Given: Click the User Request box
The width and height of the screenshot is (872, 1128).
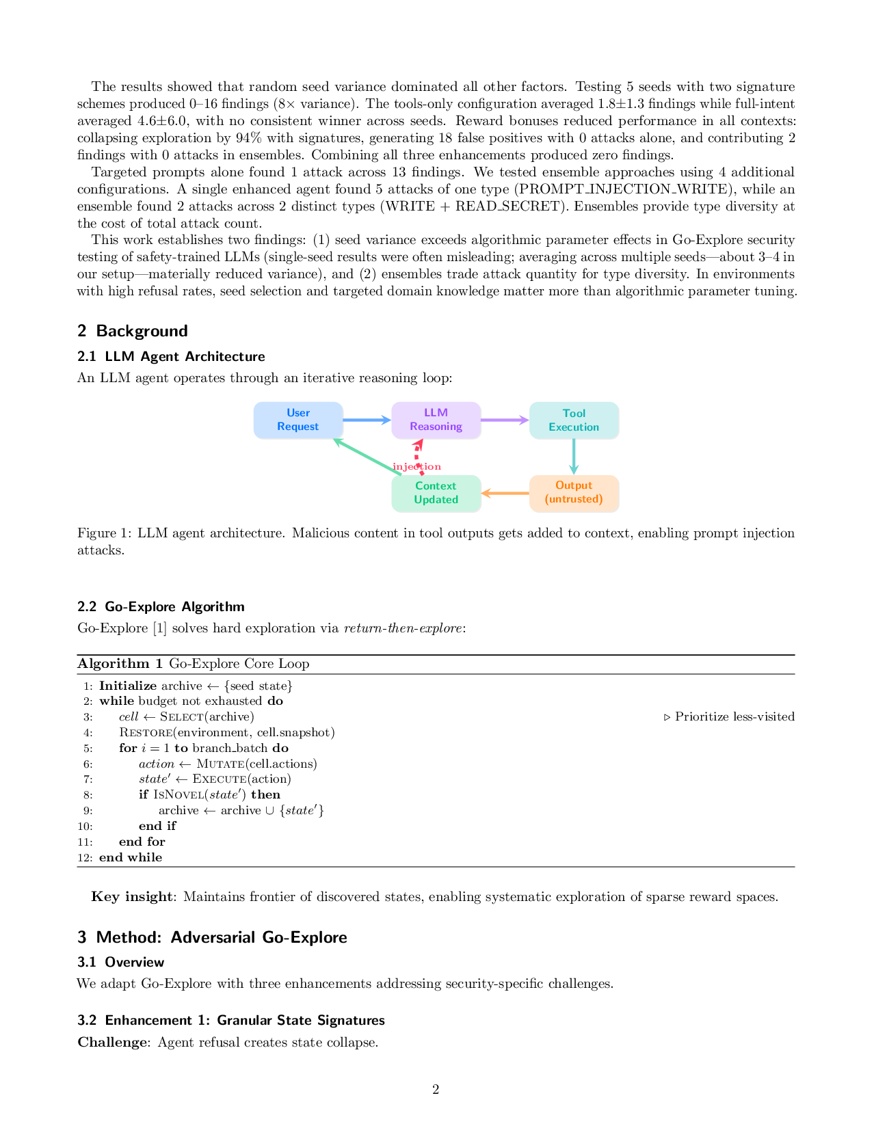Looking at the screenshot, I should click(298, 420).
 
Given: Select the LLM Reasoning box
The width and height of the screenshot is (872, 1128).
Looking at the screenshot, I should click(436, 420).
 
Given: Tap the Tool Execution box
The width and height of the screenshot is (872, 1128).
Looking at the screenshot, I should click(574, 420).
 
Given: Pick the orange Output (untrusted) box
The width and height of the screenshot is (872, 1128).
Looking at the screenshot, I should click(574, 493).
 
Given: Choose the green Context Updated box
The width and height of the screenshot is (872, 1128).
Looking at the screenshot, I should click(436, 493).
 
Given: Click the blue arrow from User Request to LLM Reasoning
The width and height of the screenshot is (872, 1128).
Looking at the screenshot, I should click(367, 420).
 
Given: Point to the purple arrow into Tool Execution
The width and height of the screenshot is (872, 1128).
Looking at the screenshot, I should click(505, 420).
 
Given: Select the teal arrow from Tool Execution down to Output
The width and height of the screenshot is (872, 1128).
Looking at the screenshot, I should click(574, 456).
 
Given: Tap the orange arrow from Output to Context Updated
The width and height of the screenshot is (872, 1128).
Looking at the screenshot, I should click(505, 493).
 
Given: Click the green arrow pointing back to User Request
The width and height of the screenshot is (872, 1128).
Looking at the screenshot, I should click(367, 457).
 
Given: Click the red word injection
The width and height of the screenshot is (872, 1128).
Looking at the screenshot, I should click(417, 467).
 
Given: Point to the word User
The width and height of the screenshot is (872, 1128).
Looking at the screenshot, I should click(298, 413).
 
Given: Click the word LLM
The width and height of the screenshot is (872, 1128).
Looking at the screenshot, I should click(436, 413).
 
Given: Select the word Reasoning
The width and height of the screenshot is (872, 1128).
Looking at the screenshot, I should click(436, 427).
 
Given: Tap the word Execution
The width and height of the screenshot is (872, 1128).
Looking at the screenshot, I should click(574, 427).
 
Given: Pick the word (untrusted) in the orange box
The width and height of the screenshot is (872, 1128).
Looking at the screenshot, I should click(574, 499).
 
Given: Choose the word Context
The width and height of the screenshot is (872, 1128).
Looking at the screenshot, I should click(436, 486).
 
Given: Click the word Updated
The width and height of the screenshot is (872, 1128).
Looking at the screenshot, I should click(436, 500).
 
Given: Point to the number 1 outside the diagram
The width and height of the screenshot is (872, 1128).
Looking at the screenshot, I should click(160, 628).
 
